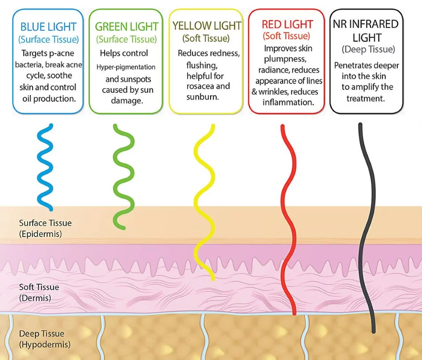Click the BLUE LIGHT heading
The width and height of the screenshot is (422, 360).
pyautogui.click(x=48, y=27)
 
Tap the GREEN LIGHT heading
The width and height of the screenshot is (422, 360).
pyautogui.click(x=126, y=26)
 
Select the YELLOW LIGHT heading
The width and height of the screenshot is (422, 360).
pyautogui.click(x=207, y=26)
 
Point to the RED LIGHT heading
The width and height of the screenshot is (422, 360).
pyautogui.click(x=287, y=25)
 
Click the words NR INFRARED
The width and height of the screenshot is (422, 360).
pyautogui.click(x=366, y=24)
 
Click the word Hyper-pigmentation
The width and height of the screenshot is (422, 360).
pyautogui.click(x=126, y=67)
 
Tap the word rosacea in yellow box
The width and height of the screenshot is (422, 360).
pyautogui.click(x=199, y=86)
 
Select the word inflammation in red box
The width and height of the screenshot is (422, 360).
pyautogui.click(x=288, y=103)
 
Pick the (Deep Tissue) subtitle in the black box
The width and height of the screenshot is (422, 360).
pyautogui.click(x=368, y=49)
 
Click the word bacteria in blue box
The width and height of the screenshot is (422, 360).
pyautogui.click(x=28, y=65)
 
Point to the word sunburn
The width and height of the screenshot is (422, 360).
pyautogui.click(x=202, y=97)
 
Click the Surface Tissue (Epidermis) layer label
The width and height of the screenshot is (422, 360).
pyautogui.click(x=45, y=228)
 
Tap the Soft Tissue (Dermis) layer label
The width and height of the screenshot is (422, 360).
pyautogui.click(x=39, y=293)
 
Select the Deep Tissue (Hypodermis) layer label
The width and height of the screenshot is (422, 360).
pyautogui.click(x=44, y=339)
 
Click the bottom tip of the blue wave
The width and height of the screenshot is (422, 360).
pyautogui.click(x=51, y=209)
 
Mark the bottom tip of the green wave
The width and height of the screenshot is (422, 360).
pyautogui.click(x=123, y=228)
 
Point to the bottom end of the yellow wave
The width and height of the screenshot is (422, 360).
pyautogui.click(x=213, y=279)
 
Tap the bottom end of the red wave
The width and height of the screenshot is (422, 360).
pyautogui.click(x=294, y=313)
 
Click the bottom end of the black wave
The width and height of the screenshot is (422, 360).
pyautogui.click(x=374, y=331)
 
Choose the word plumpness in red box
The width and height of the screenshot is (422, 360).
pyautogui.click(x=285, y=59)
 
